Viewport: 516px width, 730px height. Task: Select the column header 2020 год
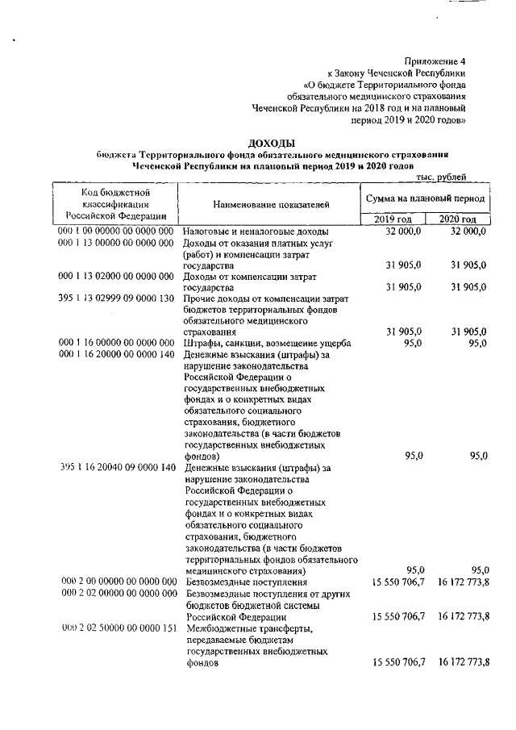(x=457, y=219)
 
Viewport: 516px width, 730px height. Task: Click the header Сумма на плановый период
(x=425, y=198)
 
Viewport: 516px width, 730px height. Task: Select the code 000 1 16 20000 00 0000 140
(x=117, y=355)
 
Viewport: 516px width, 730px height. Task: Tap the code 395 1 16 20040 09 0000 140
(x=117, y=467)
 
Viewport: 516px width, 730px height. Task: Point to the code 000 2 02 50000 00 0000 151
(x=117, y=628)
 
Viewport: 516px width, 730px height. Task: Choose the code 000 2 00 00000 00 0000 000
(x=117, y=582)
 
